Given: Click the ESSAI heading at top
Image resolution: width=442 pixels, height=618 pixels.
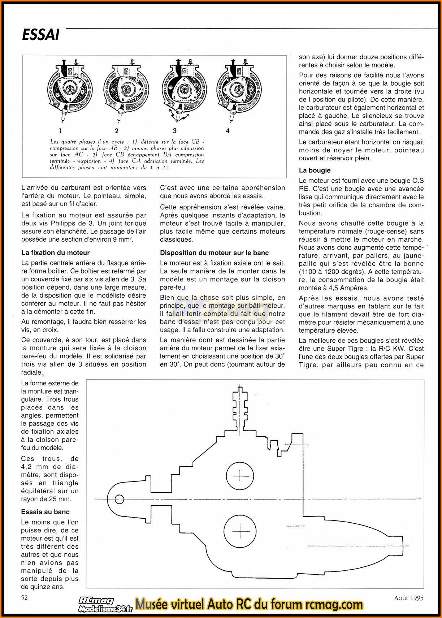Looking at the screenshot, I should coord(40,35).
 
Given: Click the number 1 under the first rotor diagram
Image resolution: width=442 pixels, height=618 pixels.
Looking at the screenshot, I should coord(60,131).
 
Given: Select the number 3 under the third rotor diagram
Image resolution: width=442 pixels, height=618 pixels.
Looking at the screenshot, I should coord(175,131).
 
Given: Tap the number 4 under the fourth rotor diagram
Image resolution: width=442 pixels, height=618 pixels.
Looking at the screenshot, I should coord(227,131).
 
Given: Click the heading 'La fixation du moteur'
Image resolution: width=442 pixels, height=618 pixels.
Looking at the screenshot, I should coord(55,253).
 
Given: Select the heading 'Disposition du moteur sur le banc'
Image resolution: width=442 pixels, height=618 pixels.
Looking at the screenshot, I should coord(214,253).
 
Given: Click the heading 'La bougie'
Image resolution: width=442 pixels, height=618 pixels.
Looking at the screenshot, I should coord(315,170).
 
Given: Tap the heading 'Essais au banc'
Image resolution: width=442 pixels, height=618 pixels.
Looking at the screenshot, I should coord(45,512).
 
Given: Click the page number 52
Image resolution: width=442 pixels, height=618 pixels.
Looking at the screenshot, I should coord(24,597).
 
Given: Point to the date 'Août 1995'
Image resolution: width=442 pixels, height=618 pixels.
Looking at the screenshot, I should coord(408,598).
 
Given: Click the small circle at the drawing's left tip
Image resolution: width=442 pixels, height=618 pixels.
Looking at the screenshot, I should coord(119,500).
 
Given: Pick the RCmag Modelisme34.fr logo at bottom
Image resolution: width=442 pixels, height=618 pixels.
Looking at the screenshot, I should coord(105,605).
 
